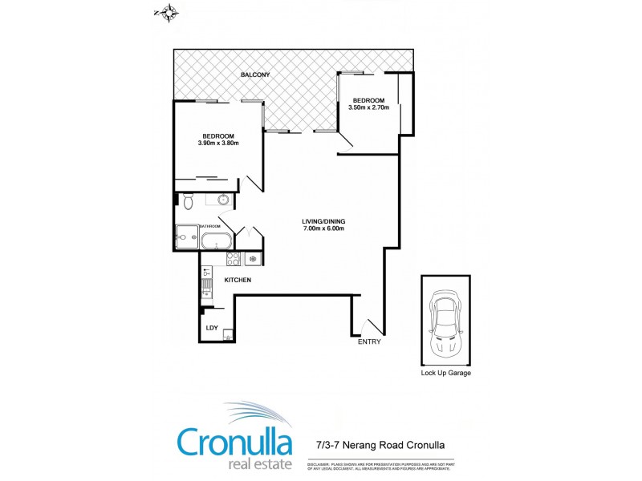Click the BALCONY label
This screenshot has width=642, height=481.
256,75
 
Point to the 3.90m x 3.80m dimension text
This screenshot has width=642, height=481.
218,143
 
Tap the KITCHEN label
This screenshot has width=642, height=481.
238,280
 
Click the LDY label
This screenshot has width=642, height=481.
212,327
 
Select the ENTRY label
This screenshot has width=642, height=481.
369,342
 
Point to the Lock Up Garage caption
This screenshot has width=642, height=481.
445,373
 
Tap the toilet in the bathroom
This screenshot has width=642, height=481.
187,200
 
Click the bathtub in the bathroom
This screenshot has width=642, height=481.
216,240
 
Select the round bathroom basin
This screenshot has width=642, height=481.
222,200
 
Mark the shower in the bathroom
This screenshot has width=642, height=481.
187,237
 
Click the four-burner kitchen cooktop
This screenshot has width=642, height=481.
234,259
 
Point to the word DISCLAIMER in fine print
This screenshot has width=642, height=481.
319,463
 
